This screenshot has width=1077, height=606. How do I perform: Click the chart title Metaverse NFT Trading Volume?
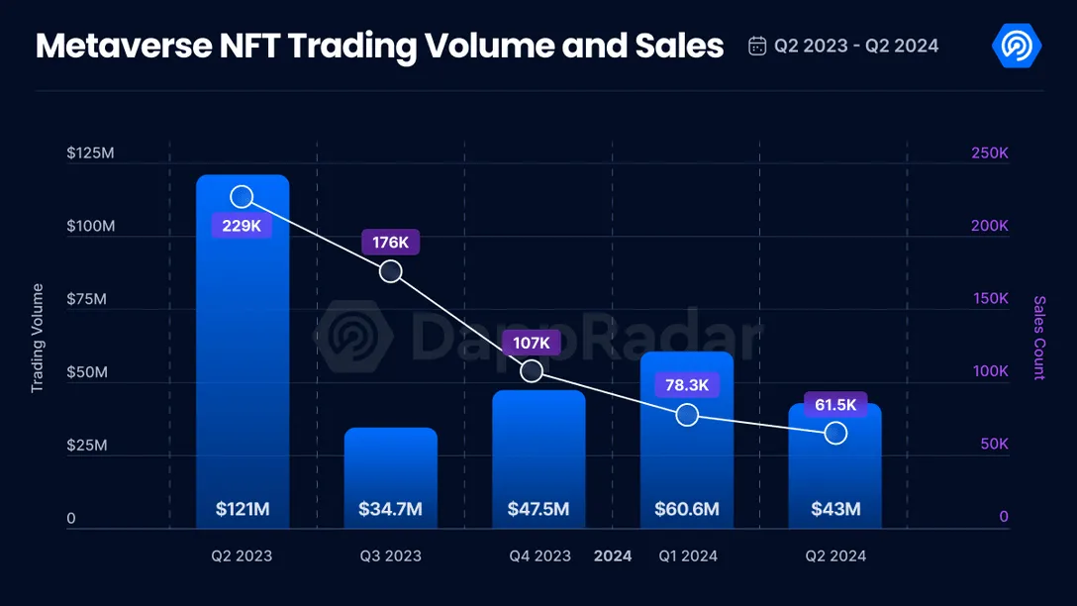click(379, 46)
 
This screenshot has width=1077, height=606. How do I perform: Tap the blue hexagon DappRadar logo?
click(1016, 46)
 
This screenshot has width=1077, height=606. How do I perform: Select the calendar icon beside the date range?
click(757, 47)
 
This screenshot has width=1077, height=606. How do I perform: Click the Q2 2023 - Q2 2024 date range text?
click(856, 47)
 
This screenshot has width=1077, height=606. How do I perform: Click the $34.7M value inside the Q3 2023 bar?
click(390, 510)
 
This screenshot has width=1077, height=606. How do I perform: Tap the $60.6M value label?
click(686, 510)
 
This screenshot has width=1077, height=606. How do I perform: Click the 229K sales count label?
click(242, 226)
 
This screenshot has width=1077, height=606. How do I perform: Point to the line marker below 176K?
click(391, 271)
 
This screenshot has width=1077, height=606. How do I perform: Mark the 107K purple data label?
click(532, 343)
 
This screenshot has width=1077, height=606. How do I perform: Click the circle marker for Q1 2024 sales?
click(687, 415)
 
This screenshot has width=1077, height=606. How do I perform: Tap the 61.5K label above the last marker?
click(835, 405)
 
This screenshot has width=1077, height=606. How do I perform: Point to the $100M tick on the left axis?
click(91, 226)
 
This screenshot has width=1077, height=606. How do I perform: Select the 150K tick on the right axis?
click(989, 298)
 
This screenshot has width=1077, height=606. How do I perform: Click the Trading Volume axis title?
click(38, 338)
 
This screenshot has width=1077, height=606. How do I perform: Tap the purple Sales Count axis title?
click(1039, 338)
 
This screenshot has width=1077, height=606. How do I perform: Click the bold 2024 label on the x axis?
click(613, 556)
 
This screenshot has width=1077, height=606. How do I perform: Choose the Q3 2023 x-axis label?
click(390, 556)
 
